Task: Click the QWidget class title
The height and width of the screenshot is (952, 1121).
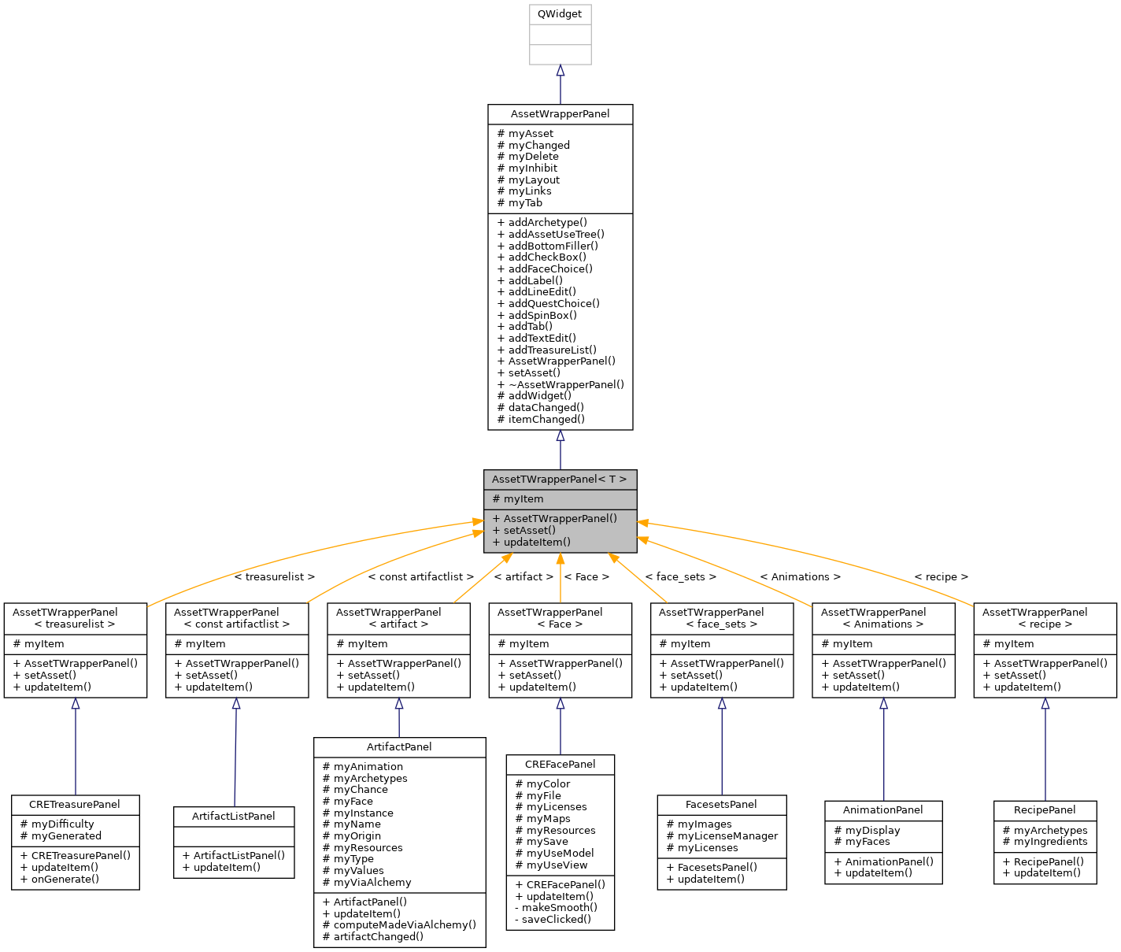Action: click(560, 14)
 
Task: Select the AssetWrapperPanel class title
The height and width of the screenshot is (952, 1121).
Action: click(560, 114)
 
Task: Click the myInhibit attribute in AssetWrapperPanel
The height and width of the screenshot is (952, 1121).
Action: click(532, 168)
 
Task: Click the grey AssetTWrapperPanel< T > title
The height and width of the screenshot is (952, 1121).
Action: click(560, 479)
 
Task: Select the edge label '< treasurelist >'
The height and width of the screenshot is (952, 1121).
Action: click(274, 577)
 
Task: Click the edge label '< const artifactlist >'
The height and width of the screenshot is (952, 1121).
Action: click(421, 577)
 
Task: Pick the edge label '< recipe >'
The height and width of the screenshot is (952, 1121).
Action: click(941, 577)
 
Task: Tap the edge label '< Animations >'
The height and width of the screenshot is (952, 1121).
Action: click(800, 577)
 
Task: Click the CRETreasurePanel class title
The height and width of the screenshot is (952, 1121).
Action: click(75, 805)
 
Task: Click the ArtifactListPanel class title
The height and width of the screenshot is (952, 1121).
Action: click(234, 817)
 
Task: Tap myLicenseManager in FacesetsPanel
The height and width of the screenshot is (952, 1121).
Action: click(727, 836)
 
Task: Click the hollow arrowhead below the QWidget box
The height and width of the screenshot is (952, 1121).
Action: click(560, 71)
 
